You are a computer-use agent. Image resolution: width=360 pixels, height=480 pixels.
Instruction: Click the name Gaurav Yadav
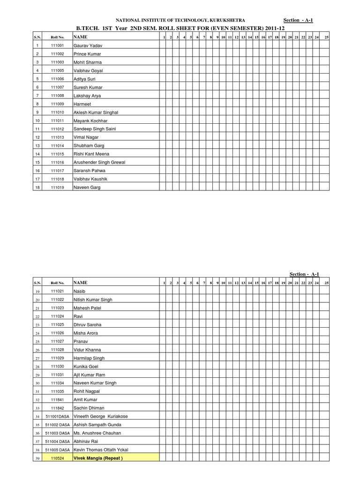coord(88,45)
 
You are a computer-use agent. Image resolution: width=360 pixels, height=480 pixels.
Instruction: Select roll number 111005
coord(57,71)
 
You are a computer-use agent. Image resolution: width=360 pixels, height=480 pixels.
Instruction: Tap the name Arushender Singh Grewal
coord(99,163)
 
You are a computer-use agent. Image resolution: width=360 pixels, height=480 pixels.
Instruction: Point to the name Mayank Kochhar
coord(90,121)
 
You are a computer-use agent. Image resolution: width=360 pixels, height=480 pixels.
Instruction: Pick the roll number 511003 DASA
coord(57,433)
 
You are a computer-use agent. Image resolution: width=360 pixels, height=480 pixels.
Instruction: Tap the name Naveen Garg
coord(87,187)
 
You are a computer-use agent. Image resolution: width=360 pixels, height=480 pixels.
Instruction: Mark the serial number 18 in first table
coord(37,187)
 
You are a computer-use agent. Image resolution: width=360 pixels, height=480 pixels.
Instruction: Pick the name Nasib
coord(79,291)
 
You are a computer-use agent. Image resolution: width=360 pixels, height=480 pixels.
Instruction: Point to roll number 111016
coord(57,163)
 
